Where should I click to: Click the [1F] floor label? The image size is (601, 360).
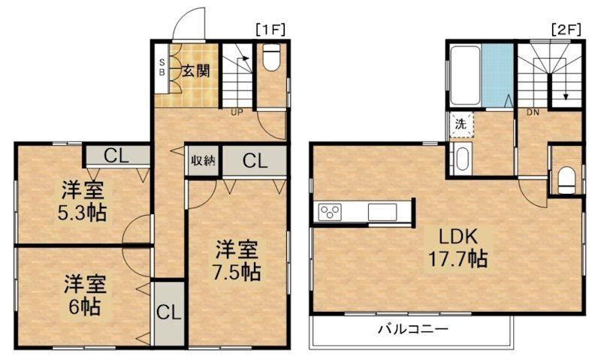[x=270, y=29]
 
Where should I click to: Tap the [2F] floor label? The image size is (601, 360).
[x=566, y=29]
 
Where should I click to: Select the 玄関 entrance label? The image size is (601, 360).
[x=196, y=71]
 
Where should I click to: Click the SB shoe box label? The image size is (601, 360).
[x=162, y=67]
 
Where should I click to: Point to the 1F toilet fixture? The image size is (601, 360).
[x=272, y=57]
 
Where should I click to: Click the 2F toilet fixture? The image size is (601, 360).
[x=566, y=180]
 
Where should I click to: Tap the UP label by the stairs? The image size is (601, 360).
[x=237, y=112]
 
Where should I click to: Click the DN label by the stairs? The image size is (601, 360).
[x=533, y=112]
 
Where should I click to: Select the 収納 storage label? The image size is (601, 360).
[x=204, y=161]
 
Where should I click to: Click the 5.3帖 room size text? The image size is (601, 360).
[x=82, y=213]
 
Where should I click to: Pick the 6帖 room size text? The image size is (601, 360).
[x=85, y=306]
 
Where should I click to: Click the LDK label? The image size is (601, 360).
[x=458, y=237]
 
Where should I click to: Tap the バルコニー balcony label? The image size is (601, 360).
[x=413, y=329]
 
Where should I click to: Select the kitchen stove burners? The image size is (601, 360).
[x=330, y=212]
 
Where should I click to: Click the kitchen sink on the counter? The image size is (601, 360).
[x=382, y=212]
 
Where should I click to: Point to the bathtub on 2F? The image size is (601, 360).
[x=465, y=75]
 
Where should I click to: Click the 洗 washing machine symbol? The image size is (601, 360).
[x=461, y=124]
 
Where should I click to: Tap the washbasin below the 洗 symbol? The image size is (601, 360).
[x=461, y=159]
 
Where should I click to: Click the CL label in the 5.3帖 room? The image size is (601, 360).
[x=116, y=156]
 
